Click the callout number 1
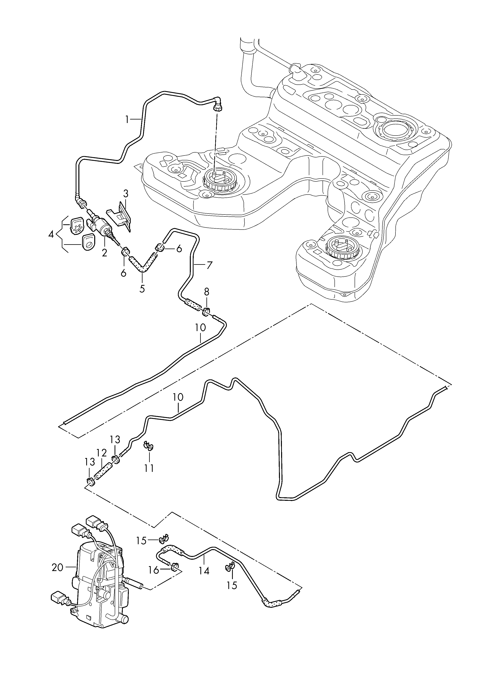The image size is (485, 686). click(x=127, y=120)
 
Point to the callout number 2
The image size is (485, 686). click(x=104, y=253)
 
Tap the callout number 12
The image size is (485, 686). click(x=101, y=453)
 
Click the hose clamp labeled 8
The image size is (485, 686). click(x=206, y=312)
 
